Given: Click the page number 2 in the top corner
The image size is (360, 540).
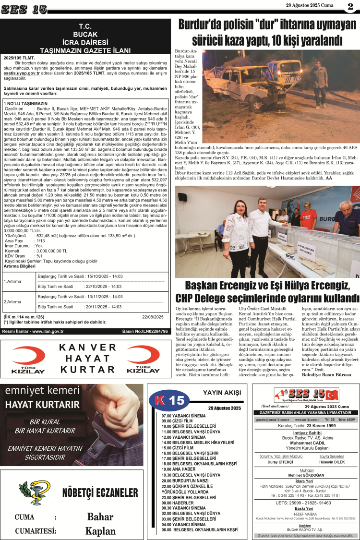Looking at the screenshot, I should coord(350,7).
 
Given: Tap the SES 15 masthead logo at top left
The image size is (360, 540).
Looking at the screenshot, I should coord(24,9).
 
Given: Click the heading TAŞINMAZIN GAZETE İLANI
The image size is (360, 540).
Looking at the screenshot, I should coord(86,49).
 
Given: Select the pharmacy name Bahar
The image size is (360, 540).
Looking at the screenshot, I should coord(100,517).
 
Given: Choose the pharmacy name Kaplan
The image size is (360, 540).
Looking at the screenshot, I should coord(100,530).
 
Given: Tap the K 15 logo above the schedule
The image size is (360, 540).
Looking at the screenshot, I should coord(168,399).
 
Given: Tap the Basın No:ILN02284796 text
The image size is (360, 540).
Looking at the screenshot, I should coord(145,331).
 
